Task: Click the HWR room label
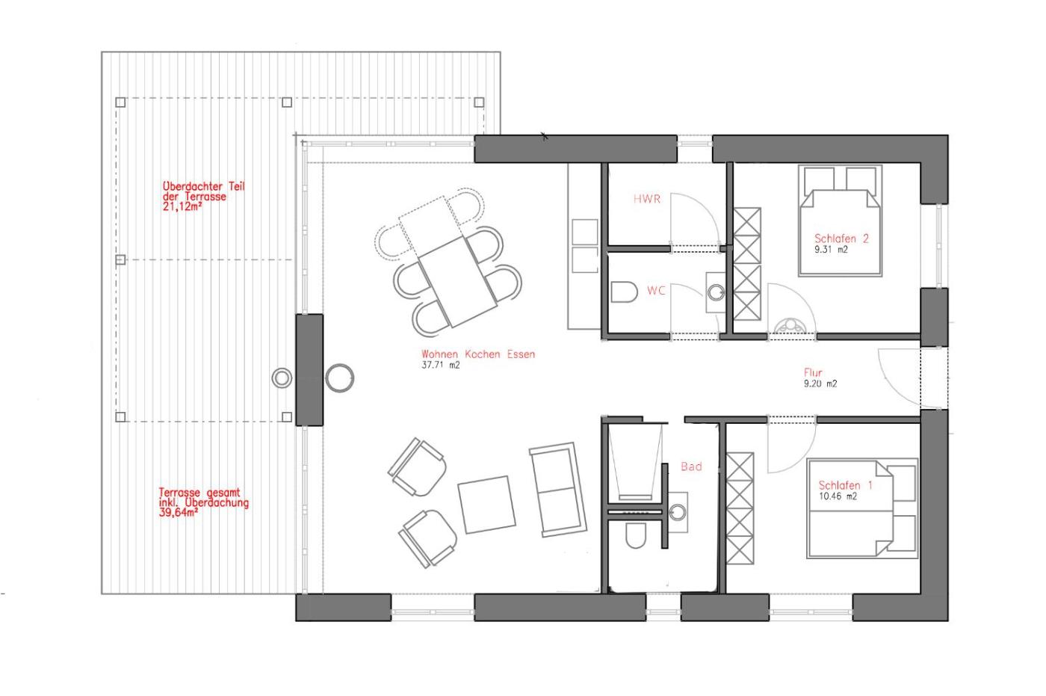[647, 199]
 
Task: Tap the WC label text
[656, 291]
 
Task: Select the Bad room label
[691, 466]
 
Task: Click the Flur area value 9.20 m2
[820, 384]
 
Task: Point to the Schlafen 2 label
[841, 238]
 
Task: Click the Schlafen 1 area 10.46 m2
[838, 496]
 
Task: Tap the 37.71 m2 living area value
[440, 365]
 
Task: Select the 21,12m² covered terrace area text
[182, 206]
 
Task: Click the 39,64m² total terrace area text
[179, 512]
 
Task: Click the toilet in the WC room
[624, 292]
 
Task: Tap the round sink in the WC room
[716, 293]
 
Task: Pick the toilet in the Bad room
[636, 535]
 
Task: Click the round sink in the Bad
[678, 512]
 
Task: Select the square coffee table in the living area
[486, 504]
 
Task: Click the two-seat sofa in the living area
[557, 490]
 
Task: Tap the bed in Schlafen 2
[840, 221]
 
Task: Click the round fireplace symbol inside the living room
[339, 378]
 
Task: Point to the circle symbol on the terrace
[282, 378]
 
